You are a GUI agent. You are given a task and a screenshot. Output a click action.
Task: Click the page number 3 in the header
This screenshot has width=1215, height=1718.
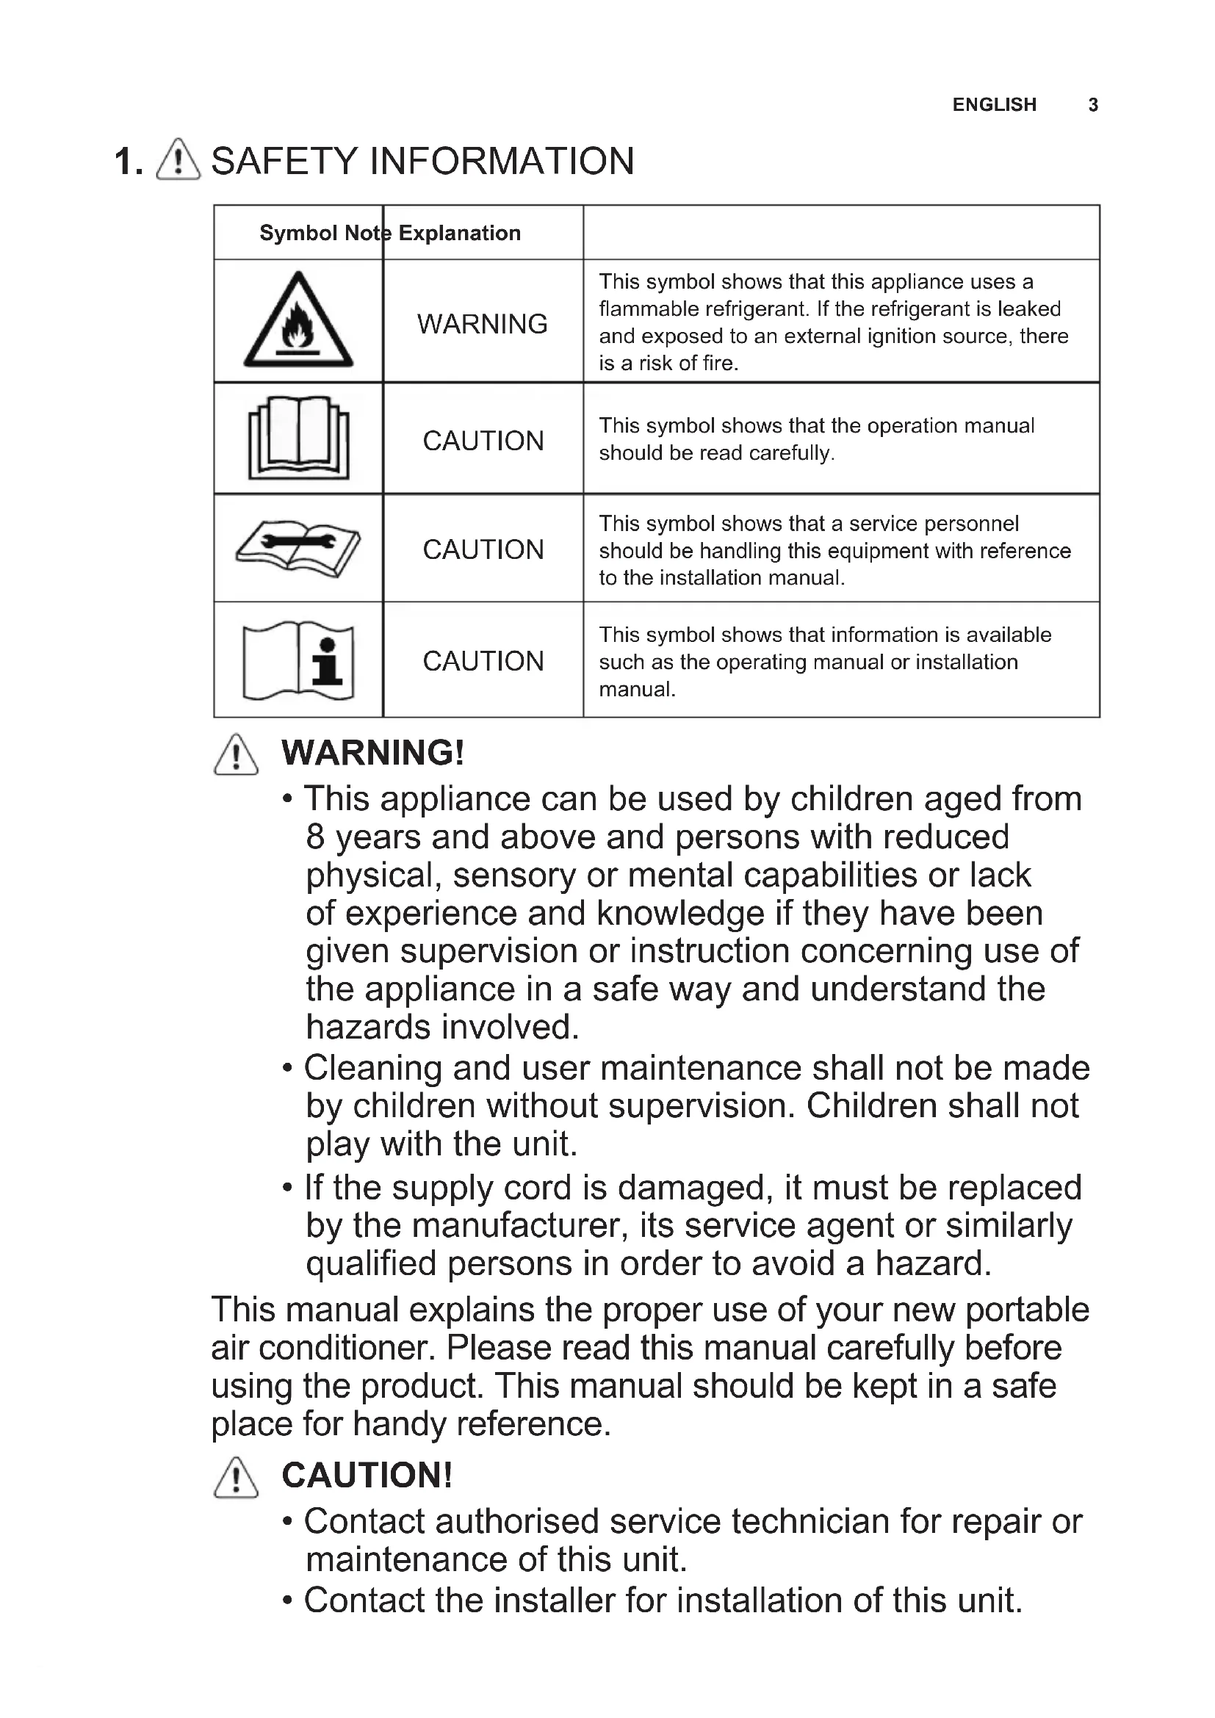(1092, 105)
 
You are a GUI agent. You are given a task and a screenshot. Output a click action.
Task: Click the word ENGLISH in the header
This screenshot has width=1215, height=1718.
(994, 105)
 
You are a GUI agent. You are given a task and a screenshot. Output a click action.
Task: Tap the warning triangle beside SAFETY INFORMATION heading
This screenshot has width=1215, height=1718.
(178, 160)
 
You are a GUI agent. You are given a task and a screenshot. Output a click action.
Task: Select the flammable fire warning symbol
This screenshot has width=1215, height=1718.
(298, 322)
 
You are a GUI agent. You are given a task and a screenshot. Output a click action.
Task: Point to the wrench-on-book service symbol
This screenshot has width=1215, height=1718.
(298, 548)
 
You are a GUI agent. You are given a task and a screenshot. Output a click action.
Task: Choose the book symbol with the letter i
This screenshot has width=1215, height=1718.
(298, 661)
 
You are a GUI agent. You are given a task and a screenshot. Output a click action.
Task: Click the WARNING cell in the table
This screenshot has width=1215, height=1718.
(483, 324)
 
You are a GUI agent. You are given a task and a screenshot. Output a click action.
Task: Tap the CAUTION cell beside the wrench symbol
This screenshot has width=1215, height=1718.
(483, 550)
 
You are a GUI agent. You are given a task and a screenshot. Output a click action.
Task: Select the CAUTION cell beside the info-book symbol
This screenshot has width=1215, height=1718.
(483, 662)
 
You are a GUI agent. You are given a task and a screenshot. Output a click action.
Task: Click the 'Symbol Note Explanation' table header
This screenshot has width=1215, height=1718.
(390, 233)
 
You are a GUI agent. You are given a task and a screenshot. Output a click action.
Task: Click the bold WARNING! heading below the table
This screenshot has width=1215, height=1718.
(372, 753)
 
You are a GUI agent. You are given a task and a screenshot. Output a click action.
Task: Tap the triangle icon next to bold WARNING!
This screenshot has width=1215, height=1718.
(236, 755)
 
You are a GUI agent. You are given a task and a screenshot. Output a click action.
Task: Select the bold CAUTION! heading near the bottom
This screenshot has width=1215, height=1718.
(367, 1476)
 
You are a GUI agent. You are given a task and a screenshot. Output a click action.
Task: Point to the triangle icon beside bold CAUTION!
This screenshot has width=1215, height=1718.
(236, 1478)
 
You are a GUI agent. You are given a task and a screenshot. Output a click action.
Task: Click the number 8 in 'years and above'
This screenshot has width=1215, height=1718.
(315, 837)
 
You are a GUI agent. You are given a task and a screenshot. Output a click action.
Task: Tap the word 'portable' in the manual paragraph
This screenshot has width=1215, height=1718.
(1026, 1310)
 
